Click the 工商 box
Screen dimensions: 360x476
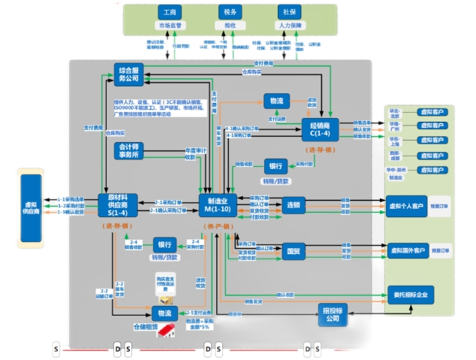(x=170, y=13)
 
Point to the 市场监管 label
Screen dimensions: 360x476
(x=170, y=25)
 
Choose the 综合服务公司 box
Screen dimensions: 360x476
(x=129, y=74)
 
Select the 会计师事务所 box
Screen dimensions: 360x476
(x=128, y=149)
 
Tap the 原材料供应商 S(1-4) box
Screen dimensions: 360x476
(x=117, y=204)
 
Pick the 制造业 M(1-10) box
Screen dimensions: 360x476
(x=218, y=204)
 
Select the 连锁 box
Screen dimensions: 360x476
(x=294, y=204)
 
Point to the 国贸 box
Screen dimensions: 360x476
(x=294, y=251)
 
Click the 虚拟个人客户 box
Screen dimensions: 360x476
(x=407, y=205)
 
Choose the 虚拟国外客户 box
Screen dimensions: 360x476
(x=407, y=250)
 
